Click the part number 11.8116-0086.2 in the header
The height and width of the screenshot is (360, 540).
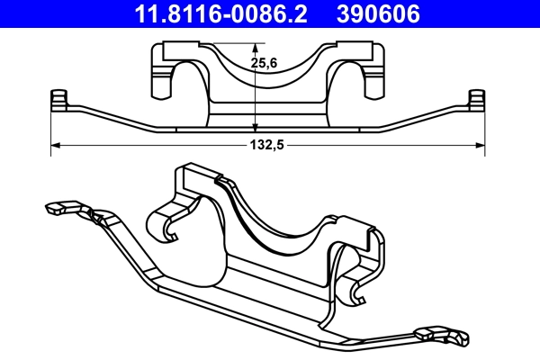point(221,14)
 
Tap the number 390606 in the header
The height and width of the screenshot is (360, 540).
point(379,14)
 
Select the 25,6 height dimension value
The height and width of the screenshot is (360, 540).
point(264,64)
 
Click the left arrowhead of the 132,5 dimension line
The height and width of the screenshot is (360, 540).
point(55,144)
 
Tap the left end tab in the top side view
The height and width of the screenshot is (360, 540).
point(59,98)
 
